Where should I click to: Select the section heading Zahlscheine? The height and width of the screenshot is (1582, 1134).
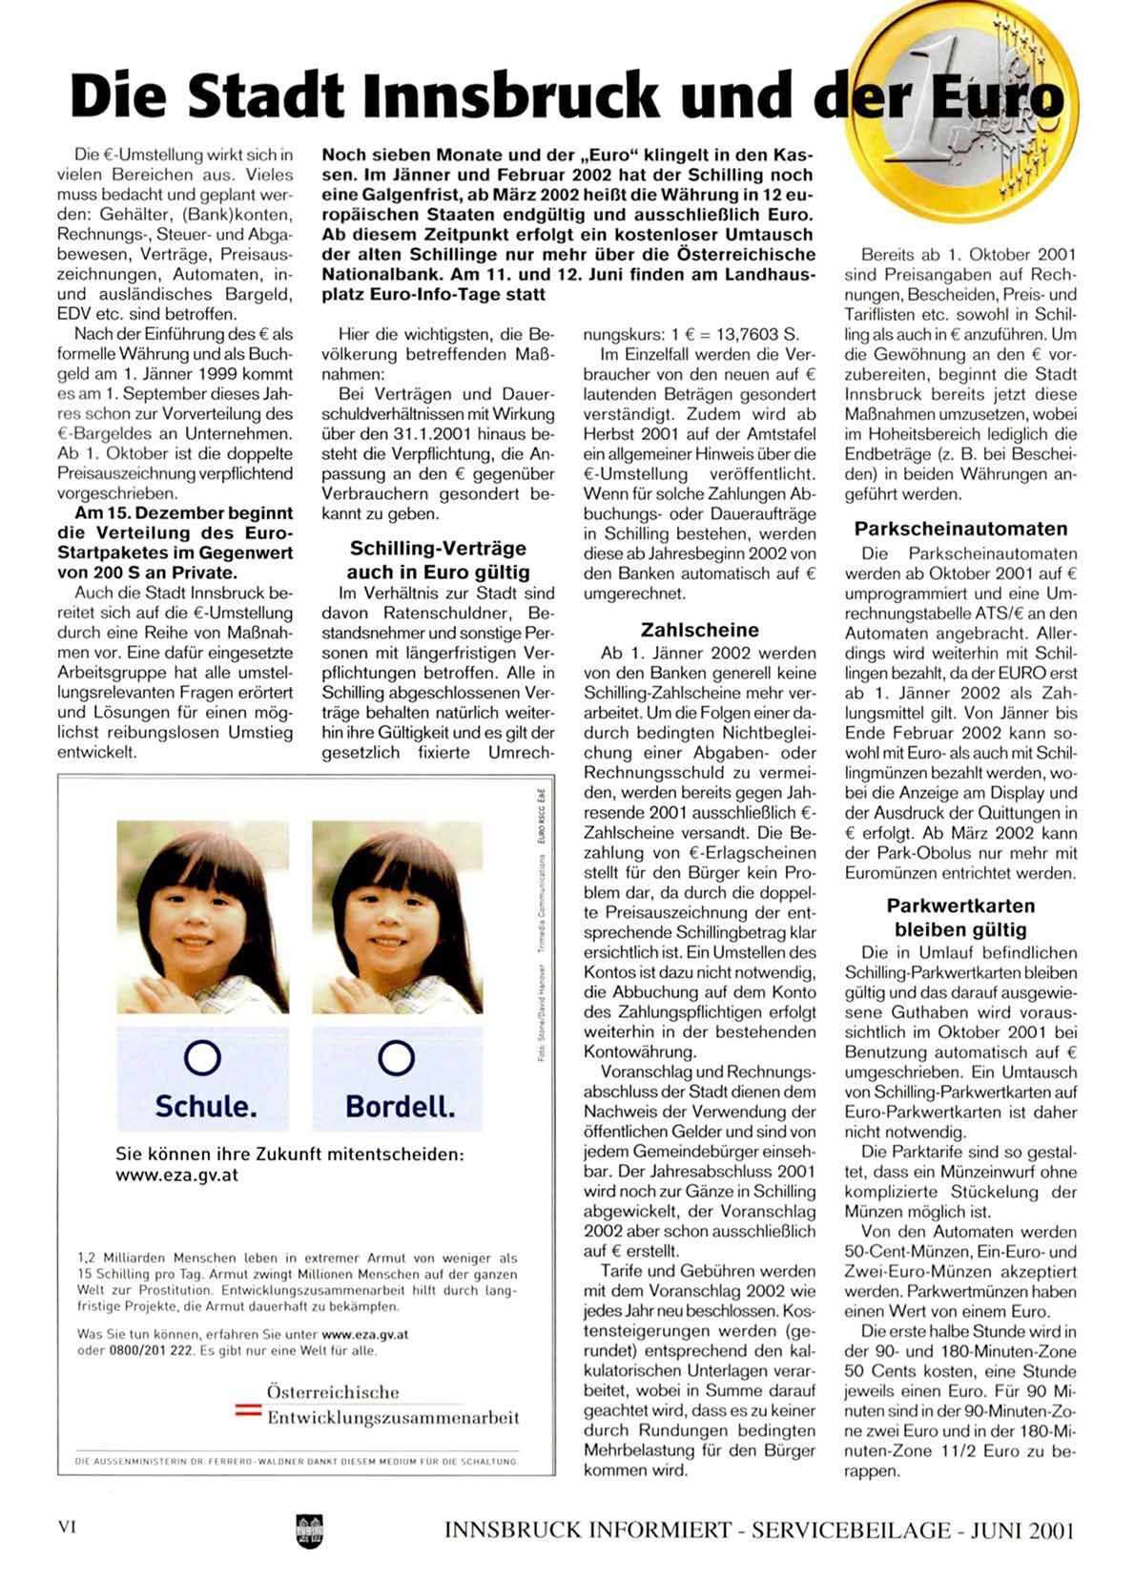click(699, 630)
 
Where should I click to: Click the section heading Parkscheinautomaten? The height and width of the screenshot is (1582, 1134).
click(960, 529)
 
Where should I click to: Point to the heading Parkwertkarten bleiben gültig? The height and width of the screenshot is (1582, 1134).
click(960, 917)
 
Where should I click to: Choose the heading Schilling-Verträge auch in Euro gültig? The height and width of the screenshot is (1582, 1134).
click(438, 560)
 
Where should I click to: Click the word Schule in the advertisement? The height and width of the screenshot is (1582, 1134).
click(205, 1106)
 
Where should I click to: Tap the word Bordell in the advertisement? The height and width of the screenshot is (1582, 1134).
click(400, 1106)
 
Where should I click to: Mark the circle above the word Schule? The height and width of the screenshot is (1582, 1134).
click(202, 1057)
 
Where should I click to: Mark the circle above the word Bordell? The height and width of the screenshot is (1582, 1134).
click(397, 1057)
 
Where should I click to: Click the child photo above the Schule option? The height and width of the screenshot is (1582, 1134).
click(202, 916)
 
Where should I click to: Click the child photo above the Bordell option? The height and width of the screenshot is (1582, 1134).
click(397, 916)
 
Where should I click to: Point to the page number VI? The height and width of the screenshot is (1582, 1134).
click(67, 1526)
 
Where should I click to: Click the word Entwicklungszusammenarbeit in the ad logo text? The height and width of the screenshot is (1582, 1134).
click(393, 1417)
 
